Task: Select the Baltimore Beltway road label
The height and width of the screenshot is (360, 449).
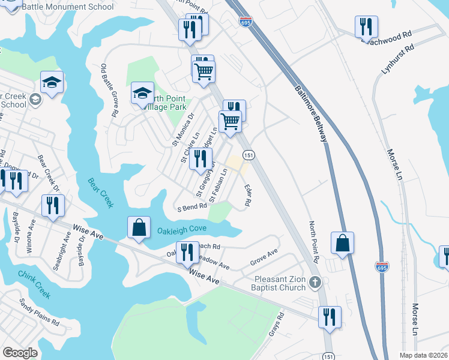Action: [310, 114]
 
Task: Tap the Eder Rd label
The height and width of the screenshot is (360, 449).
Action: [247, 196]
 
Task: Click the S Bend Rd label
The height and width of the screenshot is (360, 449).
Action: [192, 208]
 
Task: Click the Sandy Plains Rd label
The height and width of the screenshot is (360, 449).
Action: [39, 313]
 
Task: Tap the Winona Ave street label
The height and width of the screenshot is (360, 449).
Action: [31, 236]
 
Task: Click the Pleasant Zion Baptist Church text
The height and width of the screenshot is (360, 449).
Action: [280, 283]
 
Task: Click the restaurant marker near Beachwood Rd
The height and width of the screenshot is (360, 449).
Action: [366, 27]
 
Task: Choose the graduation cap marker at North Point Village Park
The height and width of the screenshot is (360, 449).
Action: [142, 94]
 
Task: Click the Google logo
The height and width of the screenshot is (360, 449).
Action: [20, 353]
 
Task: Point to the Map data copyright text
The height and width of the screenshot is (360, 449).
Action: [415, 355]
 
